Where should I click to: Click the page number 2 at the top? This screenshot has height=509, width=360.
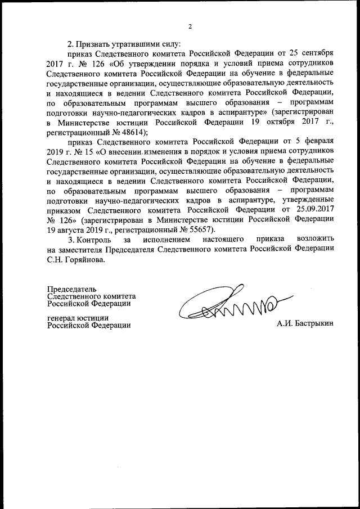click(190, 26)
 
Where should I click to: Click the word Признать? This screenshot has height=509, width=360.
click(93, 43)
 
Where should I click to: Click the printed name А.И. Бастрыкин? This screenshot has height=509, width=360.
click(305, 325)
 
